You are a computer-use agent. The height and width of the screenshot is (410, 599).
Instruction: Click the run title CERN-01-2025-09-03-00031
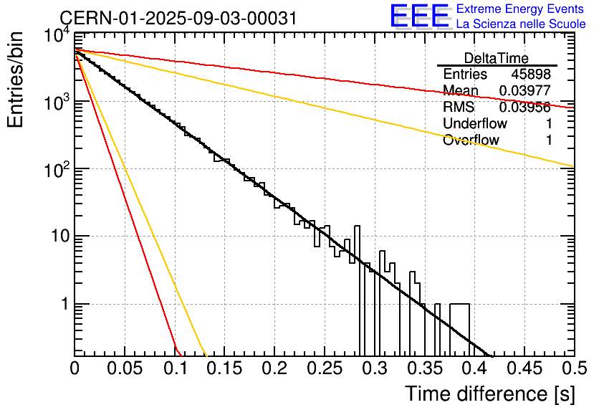(178, 18)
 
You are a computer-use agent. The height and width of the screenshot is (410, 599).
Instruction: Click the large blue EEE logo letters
(419, 16)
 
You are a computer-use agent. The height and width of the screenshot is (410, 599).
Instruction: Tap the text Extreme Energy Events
(520, 9)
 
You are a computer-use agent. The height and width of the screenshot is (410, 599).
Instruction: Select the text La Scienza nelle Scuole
(521, 24)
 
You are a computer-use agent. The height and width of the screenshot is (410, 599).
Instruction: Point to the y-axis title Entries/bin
(15, 80)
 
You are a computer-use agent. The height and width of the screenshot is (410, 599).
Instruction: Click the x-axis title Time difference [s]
(490, 394)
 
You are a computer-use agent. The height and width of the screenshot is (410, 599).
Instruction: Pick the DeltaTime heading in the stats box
(497, 58)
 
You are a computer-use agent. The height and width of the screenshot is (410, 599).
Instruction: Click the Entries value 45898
(531, 74)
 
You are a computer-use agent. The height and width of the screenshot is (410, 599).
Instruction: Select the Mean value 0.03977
(525, 90)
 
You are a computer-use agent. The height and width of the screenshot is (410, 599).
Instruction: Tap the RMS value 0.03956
(525, 107)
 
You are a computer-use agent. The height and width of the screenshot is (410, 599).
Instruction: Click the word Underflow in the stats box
(475, 123)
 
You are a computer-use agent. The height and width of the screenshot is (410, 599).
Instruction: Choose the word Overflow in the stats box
(471, 140)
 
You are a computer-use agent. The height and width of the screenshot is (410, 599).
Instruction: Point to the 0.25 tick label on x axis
(325, 368)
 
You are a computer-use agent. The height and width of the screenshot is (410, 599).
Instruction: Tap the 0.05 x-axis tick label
(125, 368)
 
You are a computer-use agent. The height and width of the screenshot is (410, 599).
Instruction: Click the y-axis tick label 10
(61, 236)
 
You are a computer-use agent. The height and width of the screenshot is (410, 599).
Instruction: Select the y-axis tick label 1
(65, 304)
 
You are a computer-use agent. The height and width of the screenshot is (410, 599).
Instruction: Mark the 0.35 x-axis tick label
(425, 368)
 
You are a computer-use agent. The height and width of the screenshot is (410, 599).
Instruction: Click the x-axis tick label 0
(75, 368)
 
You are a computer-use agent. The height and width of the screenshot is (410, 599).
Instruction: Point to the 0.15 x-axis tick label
(225, 368)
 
